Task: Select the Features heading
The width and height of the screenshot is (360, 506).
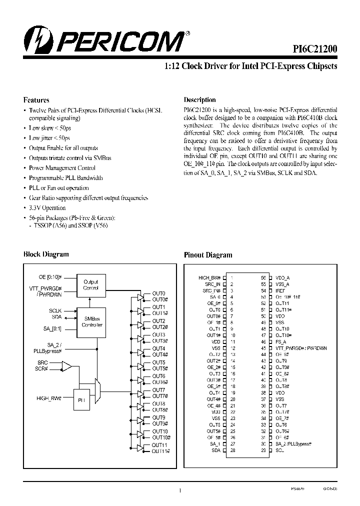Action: (36, 99)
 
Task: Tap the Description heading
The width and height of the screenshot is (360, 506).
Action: (199, 99)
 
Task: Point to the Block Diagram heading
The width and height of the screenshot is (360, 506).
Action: (46, 254)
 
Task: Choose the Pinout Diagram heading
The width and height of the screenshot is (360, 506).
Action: (208, 254)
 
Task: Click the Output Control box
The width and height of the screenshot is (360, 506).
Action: (90, 284)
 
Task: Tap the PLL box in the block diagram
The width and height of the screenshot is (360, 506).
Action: (82, 400)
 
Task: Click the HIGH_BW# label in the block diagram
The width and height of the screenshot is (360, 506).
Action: (48, 398)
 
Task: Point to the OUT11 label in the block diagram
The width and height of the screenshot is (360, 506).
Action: (159, 445)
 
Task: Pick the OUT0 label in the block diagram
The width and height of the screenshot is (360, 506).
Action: (158, 293)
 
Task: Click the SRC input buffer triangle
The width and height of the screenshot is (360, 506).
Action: (66, 367)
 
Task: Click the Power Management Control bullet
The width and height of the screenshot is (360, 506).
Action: (62, 168)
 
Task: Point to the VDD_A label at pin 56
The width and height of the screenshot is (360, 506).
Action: (283, 277)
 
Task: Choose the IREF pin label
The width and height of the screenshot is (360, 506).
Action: (280, 290)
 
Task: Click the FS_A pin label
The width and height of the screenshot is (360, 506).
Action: (281, 341)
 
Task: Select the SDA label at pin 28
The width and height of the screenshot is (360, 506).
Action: (216, 450)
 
